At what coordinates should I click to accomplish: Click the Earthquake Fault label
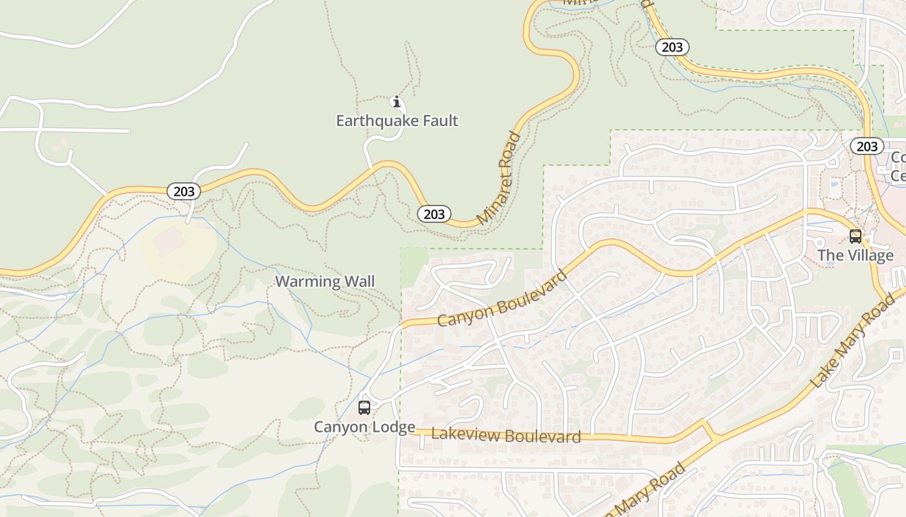pos(397,121)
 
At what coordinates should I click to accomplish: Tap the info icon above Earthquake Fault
pos(397,102)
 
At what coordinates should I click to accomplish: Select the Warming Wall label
pos(325,282)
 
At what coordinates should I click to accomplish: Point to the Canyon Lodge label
pos(364,427)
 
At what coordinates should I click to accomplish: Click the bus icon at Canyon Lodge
pos(364,408)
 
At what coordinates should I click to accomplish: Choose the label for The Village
pos(855,255)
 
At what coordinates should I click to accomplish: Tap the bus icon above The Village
pos(855,237)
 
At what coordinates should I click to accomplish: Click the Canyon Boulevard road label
pos(502,299)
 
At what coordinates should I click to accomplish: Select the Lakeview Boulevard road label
pos(506,436)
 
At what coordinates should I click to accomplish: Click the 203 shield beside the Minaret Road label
pos(434,214)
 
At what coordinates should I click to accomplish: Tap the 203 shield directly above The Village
pos(867,146)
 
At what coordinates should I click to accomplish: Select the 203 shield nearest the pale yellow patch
pos(184,191)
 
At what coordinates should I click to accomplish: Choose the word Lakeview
pos(465,434)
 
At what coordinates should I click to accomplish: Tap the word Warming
pos(307,282)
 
